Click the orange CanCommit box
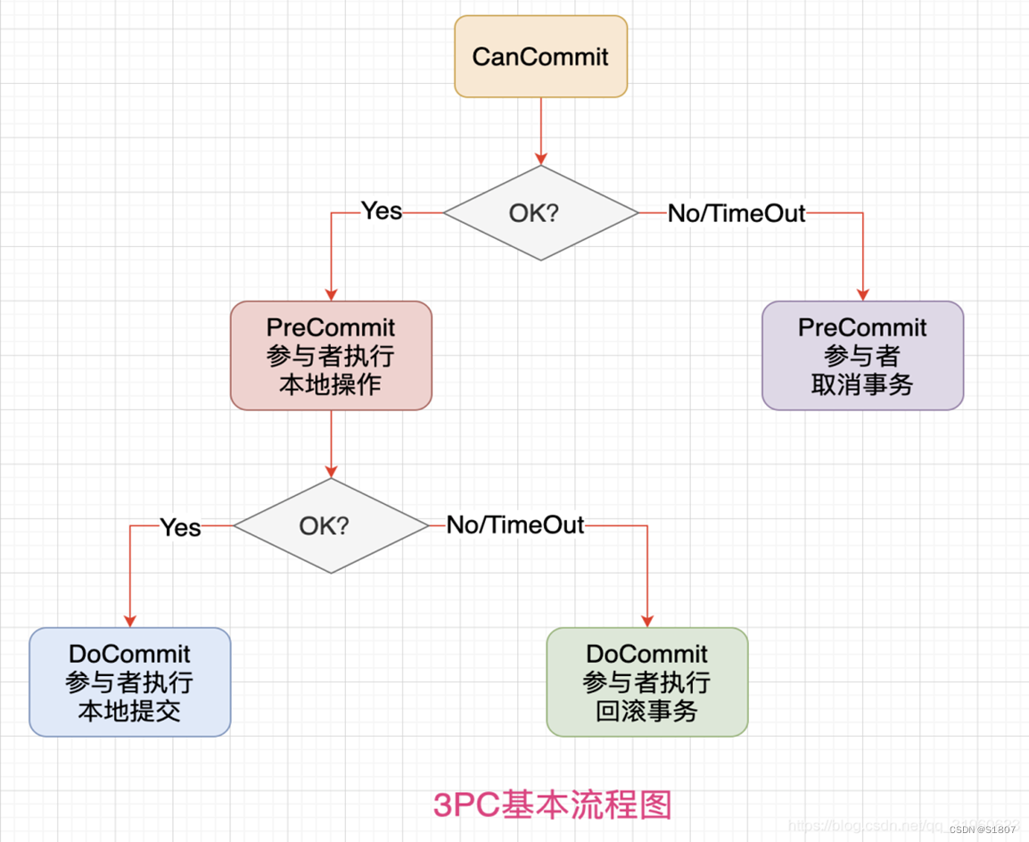pos(541,57)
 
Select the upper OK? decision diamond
pos(541,213)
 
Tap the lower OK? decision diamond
pos(331,525)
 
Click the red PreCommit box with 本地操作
pos(331,356)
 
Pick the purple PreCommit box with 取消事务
pos(862,356)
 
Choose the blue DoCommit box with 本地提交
pos(130,682)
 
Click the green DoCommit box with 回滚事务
pos(647,682)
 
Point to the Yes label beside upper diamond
pos(382,211)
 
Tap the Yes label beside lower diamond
pos(180,528)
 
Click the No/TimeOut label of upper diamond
pos(737,214)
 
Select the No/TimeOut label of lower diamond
pos(515,525)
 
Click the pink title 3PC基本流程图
pos(552,805)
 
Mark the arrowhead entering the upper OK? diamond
pos(541,159)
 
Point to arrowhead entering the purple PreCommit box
pos(862,295)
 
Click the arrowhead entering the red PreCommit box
pos(331,295)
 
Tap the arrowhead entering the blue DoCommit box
pos(130,622)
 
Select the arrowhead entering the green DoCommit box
pos(647,622)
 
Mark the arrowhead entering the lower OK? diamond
pos(331,472)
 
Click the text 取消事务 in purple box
pos(862,385)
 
